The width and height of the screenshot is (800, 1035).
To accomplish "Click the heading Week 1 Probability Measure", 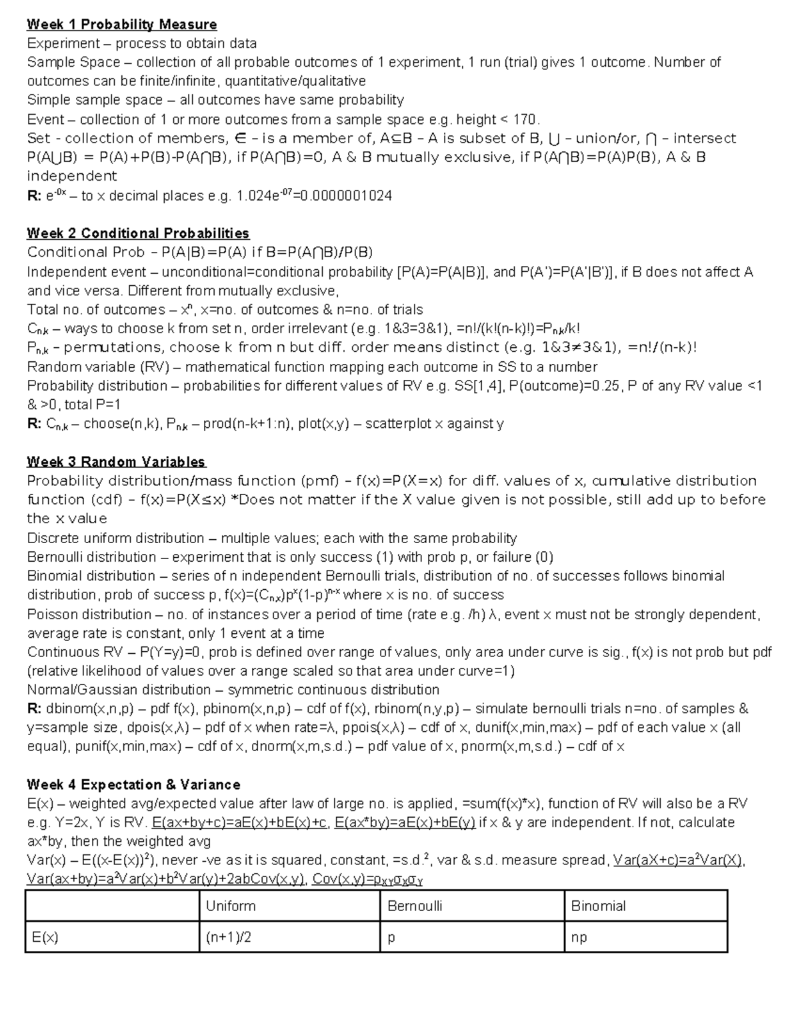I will (x=121, y=25).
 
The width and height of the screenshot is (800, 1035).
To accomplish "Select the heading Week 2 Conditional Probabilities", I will (x=138, y=233).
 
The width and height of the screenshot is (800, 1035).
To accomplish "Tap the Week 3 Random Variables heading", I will (x=116, y=462).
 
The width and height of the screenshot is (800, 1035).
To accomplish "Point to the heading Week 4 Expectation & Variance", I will (x=133, y=784).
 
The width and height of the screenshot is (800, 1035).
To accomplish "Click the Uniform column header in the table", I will (x=231, y=906).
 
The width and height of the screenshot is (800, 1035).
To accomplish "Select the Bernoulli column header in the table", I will (x=415, y=906).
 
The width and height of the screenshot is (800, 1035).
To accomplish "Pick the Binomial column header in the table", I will (x=598, y=906).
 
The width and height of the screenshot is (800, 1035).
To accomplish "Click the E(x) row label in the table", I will (x=45, y=937).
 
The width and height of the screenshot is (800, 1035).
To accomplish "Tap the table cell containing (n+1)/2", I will (x=229, y=937).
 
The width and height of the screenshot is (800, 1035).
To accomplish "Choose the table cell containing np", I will (x=579, y=937).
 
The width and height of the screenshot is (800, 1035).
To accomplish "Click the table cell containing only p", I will (x=391, y=937).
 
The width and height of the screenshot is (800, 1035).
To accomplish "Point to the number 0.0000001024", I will (x=347, y=196).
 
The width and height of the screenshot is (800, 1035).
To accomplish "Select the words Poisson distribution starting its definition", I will (x=89, y=614).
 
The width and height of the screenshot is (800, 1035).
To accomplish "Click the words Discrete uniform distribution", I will (x=115, y=538).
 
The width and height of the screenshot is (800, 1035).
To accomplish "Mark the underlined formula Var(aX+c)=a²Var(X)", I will (x=678, y=860).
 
